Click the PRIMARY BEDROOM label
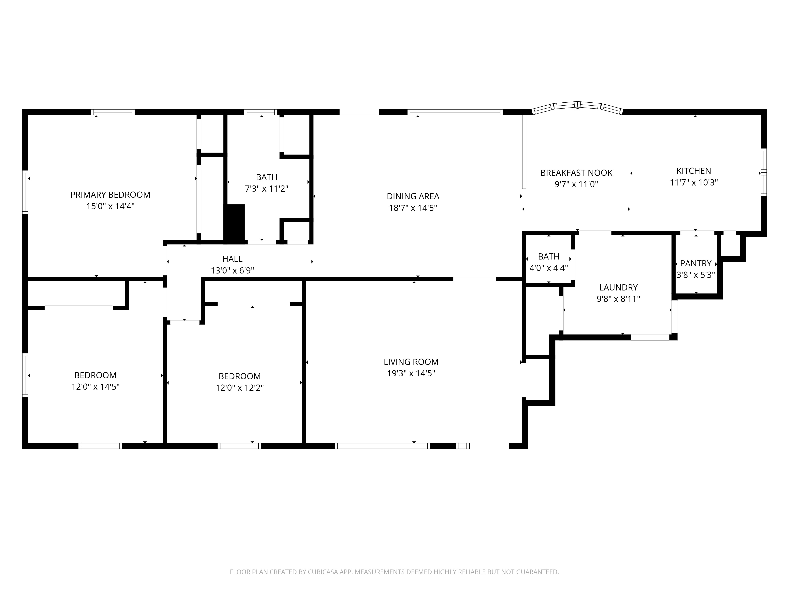pyautogui.click(x=110, y=195)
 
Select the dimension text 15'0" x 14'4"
pyautogui.click(x=110, y=206)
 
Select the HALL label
pyautogui.click(x=232, y=259)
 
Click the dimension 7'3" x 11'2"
pyautogui.click(x=266, y=188)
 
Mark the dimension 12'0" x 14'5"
pyautogui.click(x=95, y=386)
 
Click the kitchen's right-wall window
pyautogui.click(x=764, y=172)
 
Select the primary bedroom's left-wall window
pyautogui.click(x=25, y=192)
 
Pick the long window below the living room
pyautogui.click(x=382, y=446)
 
